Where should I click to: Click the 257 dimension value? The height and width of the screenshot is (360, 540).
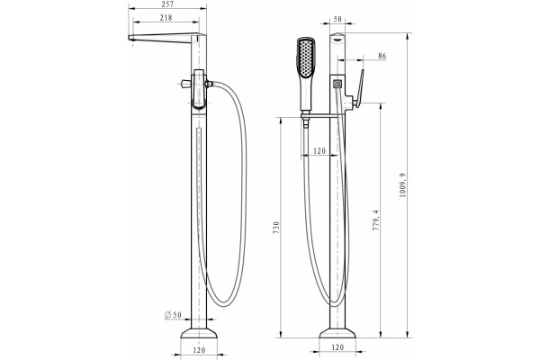[x=167, y=4]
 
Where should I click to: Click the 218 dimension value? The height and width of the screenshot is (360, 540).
[x=166, y=18]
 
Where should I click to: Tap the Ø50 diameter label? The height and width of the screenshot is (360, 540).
[x=173, y=314]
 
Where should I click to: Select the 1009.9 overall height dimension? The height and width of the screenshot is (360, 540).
[x=402, y=185]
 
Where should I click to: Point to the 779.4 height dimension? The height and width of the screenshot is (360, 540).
[x=375, y=220]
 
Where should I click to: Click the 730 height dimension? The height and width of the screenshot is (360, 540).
[x=276, y=228]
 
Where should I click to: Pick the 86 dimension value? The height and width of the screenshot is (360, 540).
[x=382, y=56]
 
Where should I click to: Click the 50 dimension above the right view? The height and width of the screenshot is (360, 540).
[x=337, y=19]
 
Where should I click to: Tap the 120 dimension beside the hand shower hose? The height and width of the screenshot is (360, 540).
[x=319, y=151]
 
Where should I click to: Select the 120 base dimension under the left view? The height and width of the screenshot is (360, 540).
[x=199, y=350]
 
